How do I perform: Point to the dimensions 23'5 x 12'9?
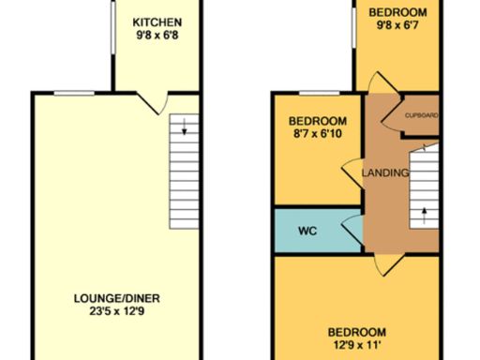point(111,312)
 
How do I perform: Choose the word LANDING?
point(385,172)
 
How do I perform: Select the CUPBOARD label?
point(422,115)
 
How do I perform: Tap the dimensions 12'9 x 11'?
point(356,346)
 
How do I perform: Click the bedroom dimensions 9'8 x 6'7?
point(397,26)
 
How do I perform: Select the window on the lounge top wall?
point(72,92)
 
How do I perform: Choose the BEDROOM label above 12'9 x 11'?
point(356,332)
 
